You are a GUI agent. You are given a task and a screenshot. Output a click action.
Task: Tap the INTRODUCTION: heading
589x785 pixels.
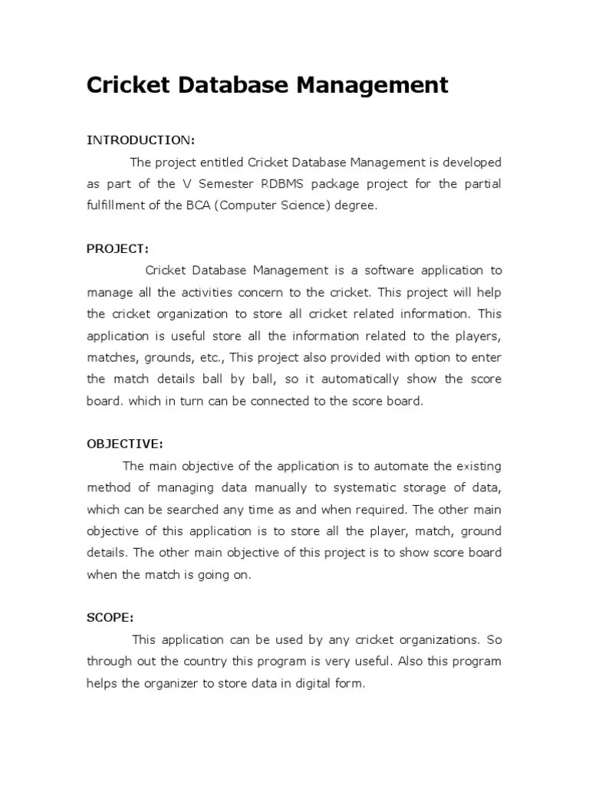pos(140,140)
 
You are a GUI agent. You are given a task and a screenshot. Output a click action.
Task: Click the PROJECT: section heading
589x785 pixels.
pos(117,248)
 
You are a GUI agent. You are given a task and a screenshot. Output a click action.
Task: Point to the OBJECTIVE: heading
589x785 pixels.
pos(124,444)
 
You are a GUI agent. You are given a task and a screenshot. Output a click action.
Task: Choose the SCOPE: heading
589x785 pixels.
pos(110,617)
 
